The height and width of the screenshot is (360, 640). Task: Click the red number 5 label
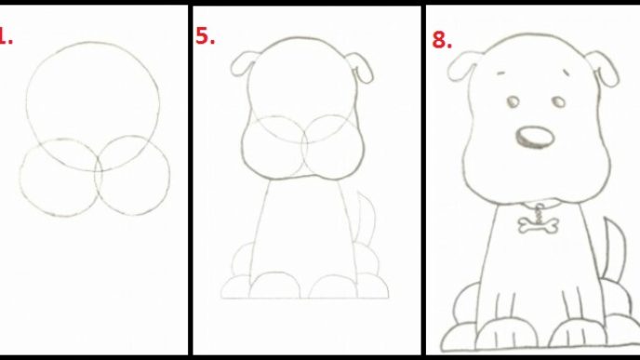(205, 36)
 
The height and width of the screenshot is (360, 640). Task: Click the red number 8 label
(442, 40)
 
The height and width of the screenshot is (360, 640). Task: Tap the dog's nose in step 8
(535, 137)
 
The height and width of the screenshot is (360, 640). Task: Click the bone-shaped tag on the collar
(538, 225)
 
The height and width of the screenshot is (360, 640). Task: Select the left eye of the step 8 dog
(513, 101)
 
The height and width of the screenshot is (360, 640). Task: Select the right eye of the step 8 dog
(559, 101)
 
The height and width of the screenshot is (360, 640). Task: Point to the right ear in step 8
(604, 68)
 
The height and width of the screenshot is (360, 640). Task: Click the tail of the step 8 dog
(614, 249)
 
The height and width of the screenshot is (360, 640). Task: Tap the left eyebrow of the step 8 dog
(501, 73)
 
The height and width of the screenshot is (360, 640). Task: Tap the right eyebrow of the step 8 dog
(567, 73)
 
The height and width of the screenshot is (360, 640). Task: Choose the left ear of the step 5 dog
(244, 63)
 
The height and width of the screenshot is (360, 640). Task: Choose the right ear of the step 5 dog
(360, 67)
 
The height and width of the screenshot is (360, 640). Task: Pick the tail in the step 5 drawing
(367, 218)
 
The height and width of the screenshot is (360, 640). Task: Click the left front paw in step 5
(274, 285)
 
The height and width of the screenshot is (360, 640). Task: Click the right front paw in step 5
(333, 286)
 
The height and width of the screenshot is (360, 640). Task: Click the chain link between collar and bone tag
(540, 212)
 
